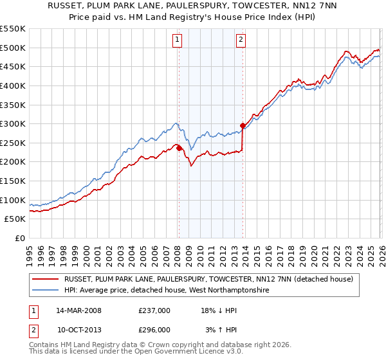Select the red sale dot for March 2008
pos(179,148)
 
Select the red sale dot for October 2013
pos(243,125)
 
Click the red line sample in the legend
pos(45,280)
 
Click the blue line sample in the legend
pos(45,291)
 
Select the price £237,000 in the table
pos(154,310)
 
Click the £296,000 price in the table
pos(154,329)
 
